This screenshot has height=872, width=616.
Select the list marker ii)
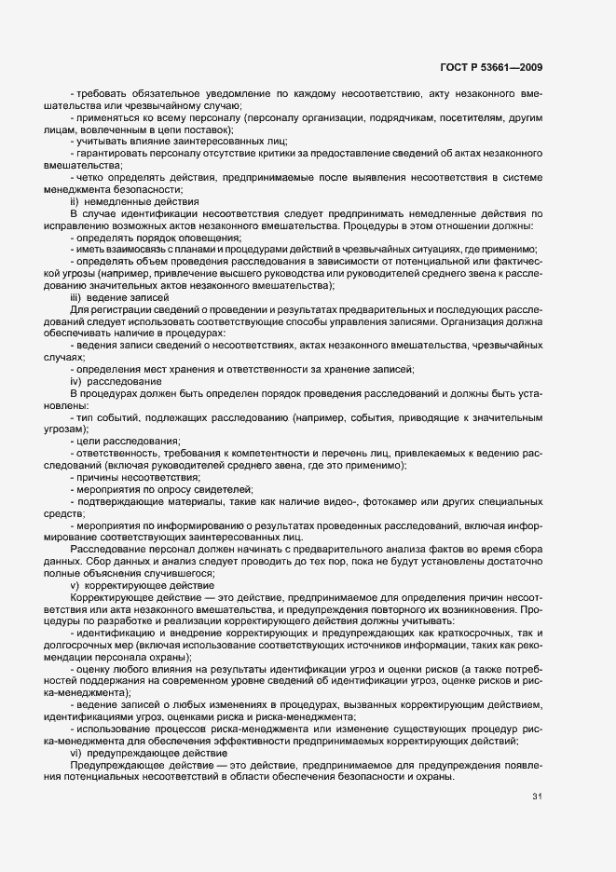coord(75,200)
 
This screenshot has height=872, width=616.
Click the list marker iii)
coord(76,296)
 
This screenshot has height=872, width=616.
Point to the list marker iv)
coord(75,382)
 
